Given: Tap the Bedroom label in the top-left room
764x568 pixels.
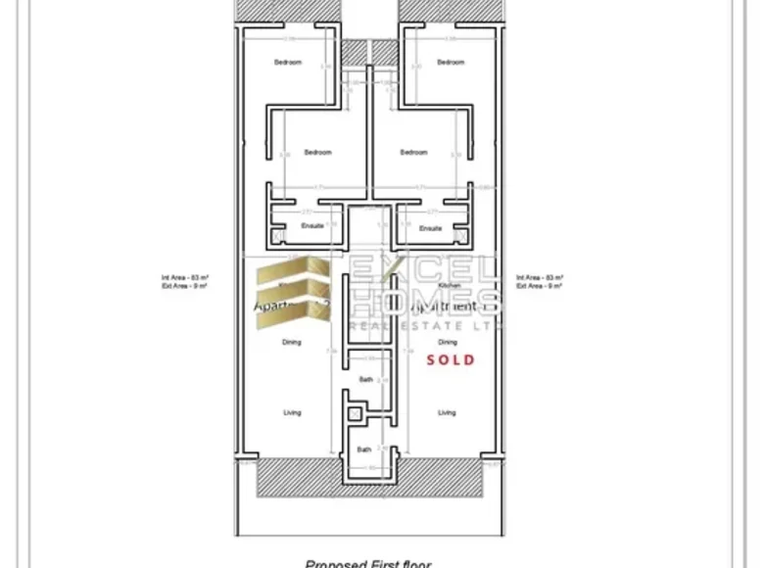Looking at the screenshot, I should click(x=288, y=62).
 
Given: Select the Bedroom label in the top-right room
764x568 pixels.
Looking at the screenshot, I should click(x=451, y=62).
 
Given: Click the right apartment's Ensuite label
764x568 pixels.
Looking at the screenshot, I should click(x=431, y=228).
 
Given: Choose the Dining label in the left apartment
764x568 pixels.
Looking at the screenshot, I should click(x=292, y=343).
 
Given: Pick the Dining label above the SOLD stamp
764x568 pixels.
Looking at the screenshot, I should click(x=448, y=343).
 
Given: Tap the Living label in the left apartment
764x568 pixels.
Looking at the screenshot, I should click(x=292, y=412).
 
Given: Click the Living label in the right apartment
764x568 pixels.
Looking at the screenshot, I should click(x=447, y=412).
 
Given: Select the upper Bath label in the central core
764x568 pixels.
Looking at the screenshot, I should click(x=364, y=378).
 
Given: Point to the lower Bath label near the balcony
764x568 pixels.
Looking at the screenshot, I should click(x=364, y=450).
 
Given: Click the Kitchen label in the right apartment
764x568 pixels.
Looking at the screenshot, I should click(x=450, y=285).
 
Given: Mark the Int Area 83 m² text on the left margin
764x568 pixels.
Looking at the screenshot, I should click(x=180, y=278).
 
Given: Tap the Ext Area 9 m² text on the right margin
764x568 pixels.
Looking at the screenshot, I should click(x=541, y=287).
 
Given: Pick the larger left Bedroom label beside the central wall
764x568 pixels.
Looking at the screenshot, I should click(x=317, y=152).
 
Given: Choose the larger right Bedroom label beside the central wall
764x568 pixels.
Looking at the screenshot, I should click(x=413, y=152).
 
